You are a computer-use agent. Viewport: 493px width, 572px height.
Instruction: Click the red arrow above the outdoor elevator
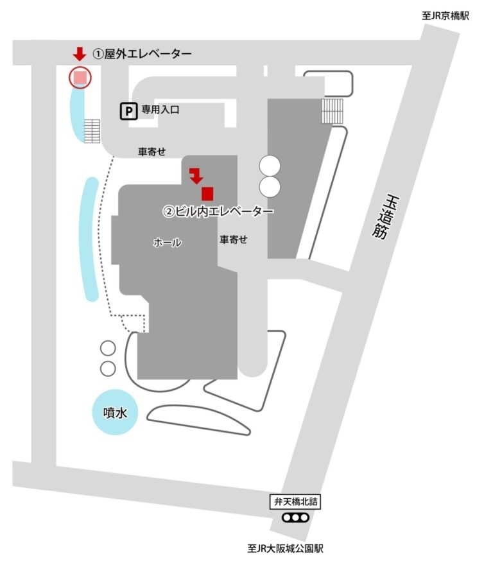coord(80,55)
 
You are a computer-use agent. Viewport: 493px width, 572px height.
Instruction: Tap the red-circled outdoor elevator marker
coord(80,77)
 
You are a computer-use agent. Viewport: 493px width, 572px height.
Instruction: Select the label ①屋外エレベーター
coord(142,54)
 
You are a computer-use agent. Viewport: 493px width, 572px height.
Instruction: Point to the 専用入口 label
coord(160,110)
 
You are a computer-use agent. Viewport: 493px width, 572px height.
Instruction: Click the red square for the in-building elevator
coord(207,192)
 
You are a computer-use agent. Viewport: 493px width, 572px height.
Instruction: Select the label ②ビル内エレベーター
coord(218,211)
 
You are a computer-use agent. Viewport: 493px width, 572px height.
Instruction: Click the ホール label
coord(167,243)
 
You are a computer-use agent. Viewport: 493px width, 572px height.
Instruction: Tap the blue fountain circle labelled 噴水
coord(117,412)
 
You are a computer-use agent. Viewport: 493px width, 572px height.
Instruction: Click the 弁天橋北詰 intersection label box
coord(293,501)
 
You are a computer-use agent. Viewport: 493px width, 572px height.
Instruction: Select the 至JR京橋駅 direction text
coord(445,16)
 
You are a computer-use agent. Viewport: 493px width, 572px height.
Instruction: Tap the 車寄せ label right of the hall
coord(234,239)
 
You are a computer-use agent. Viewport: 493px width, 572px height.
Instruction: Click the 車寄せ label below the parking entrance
coord(152,152)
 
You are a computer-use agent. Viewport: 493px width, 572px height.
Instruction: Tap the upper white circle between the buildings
coord(270,166)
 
